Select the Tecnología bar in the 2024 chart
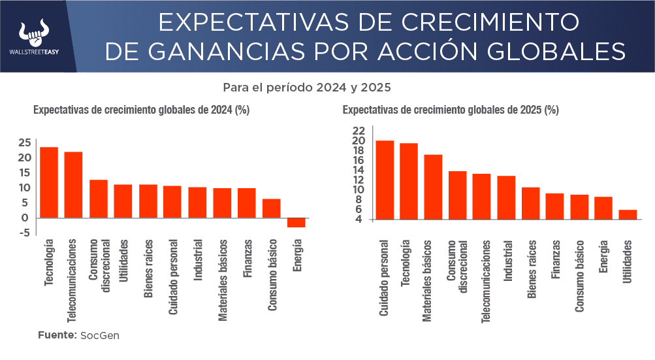click(x=49, y=182)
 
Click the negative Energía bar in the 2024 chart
click(x=296, y=222)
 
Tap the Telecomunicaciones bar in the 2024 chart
click(x=73, y=185)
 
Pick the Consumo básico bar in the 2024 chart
click(x=271, y=208)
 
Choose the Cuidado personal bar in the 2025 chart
click(x=385, y=180)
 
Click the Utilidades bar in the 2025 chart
click(x=628, y=215)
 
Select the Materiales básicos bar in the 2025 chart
click(x=433, y=188)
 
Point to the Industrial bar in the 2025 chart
click(x=506, y=198)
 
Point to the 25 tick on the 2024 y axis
click(x=25, y=142)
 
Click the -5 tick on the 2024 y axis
click(x=25, y=233)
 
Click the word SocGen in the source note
click(x=100, y=335)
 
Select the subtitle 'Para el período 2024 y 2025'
click(x=306, y=87)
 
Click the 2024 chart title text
click(x=141, y=110)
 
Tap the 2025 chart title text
click(x=450, y=110)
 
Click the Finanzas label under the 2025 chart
click(x=555, y=259)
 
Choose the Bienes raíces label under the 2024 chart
click(x=148, y=269)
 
